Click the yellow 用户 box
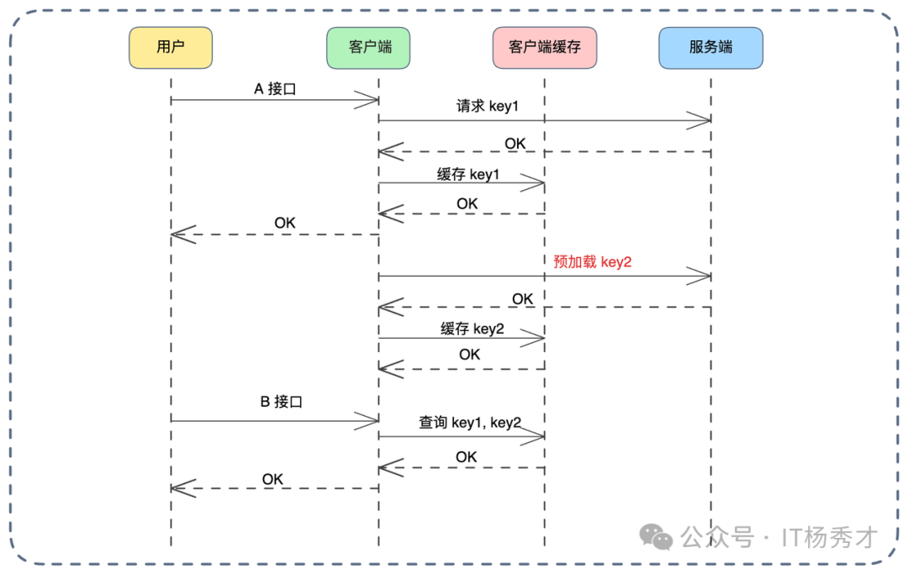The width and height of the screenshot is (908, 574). (171, 48)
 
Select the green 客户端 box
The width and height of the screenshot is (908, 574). (368, 48)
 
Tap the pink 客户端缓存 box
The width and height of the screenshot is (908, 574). (545, 48)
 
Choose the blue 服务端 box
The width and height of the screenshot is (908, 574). (710, 48)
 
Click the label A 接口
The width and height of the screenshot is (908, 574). (276, 88)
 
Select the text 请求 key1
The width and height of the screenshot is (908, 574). (488, 108)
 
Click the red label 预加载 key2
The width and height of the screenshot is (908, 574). (592, 261)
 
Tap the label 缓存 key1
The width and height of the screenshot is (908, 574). (467, 175)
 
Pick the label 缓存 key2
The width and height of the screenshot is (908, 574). (472, 329)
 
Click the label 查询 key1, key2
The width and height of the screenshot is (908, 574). (470, 422)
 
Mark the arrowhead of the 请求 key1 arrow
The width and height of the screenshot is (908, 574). (702, 121)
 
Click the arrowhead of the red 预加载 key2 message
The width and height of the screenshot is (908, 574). (702, 276)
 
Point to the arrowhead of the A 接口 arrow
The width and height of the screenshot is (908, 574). (370, 101)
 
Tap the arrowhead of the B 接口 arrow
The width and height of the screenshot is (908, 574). (370, 421)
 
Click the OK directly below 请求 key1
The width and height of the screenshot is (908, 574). (515, 144)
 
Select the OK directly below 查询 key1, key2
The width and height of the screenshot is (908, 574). (466, 457)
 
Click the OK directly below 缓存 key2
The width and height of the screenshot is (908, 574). (469, 355)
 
